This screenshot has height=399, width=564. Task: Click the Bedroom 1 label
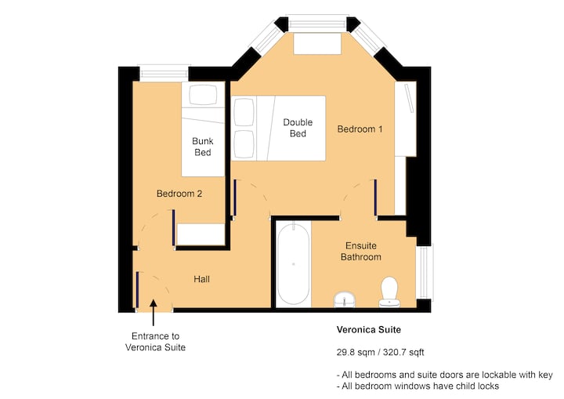coord(360,129)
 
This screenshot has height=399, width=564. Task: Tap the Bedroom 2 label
coord(179,194)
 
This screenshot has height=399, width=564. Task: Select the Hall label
coord(201,279)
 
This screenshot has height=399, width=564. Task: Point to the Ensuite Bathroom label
coord(361,252)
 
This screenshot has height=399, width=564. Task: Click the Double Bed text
coord(298,128)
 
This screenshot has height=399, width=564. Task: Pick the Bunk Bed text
coord(203,147)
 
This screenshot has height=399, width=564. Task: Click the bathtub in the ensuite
coord(294,264)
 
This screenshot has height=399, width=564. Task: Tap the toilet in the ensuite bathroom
coord(389,292)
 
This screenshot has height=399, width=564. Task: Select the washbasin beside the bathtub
coord(345,299)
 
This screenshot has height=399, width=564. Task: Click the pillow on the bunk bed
coord(203,95)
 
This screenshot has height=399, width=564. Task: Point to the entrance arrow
coord(154,313)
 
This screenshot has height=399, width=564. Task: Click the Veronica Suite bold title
coord(369,329)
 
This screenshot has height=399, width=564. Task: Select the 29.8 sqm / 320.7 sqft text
coord(380,352)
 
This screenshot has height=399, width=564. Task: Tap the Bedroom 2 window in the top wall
coord(164,73)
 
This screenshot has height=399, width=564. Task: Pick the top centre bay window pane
coord(317,24)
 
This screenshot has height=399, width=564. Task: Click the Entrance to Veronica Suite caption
coord(155,342)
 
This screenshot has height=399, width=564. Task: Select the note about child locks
coord(418,386)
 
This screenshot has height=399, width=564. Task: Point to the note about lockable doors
coord(445,375)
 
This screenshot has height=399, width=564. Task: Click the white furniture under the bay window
coord(317,44)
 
